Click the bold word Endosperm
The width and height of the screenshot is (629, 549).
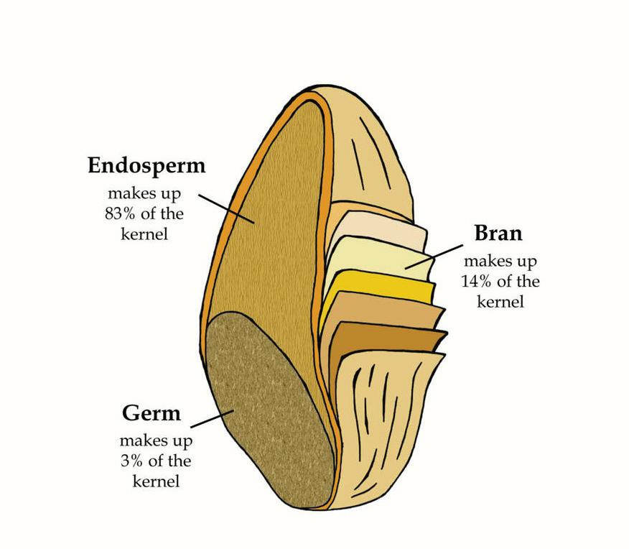pos(146,166)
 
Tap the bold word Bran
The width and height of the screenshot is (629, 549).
pos(498,234)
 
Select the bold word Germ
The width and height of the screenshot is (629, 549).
pos(151,414)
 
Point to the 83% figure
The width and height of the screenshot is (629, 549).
pos(121,214)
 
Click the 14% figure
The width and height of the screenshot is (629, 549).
pos(475,281)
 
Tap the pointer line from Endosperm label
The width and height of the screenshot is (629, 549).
pos(226,207)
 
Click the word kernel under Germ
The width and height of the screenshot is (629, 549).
pos(155,480)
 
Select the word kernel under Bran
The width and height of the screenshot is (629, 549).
pos(500,301)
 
